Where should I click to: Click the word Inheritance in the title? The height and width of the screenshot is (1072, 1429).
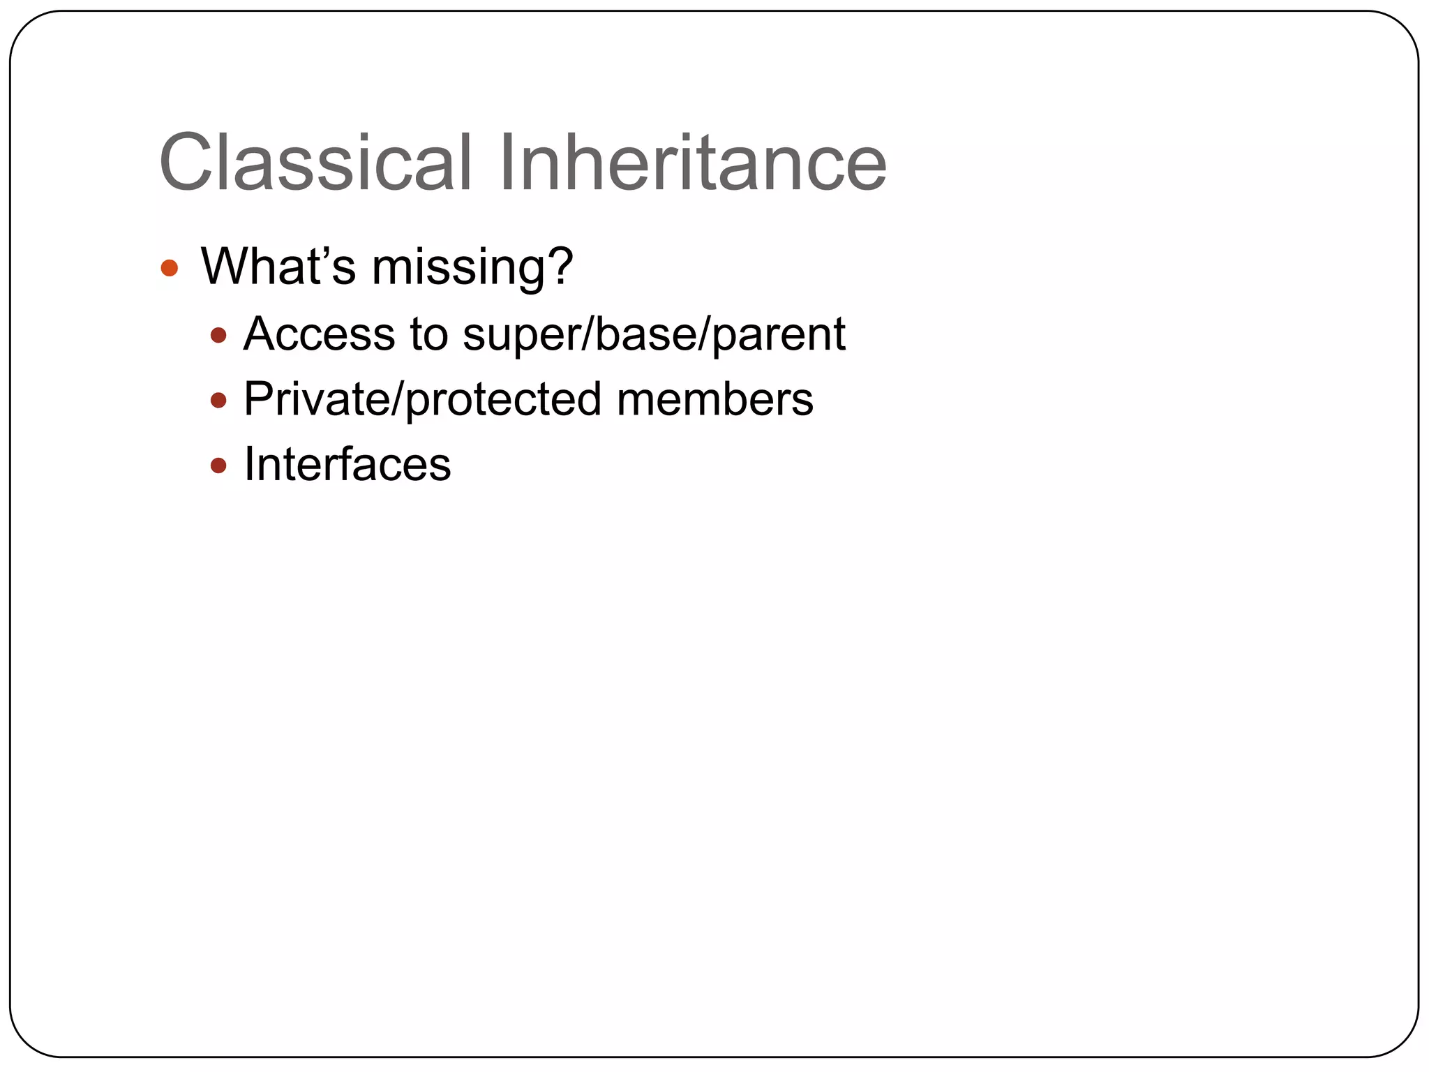tap(692, 163)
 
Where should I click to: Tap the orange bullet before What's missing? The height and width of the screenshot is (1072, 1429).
tap(170, 268)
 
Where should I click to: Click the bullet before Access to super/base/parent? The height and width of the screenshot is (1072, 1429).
tap(218, 336)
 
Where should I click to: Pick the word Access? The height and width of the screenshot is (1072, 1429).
tap(319, 334)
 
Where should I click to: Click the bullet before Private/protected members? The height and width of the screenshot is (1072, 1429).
tap(218, 401)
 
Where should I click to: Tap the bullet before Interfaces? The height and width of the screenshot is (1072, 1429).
tap(218, 466)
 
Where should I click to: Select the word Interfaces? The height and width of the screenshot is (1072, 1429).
tap(347, 464)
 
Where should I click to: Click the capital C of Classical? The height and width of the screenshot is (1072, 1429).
tap(188, 163)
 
